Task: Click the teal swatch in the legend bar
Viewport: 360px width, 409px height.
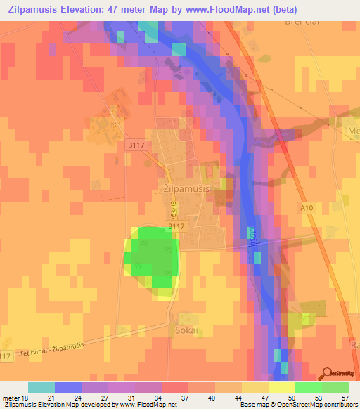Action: [41, 387]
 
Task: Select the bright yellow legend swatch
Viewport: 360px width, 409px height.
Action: [282, 387]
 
